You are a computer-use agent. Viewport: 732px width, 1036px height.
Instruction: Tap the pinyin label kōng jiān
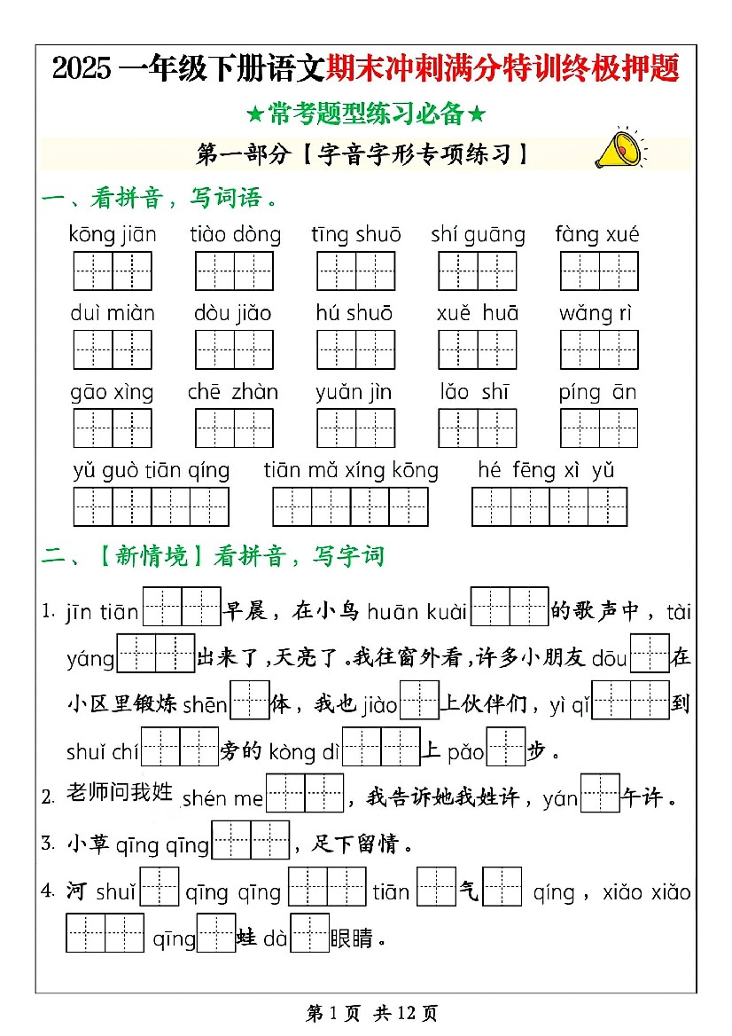pos(113,235)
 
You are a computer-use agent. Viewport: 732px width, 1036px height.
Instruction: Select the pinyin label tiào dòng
pos(235,235)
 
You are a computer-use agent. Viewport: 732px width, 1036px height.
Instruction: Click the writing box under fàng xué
pos(599,271)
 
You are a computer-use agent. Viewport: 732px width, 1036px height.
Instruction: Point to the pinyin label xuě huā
pos(478,313)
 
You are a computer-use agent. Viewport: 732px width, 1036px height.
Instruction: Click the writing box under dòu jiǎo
pos(235,349)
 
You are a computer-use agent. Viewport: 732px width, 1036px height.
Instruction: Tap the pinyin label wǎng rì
pos(598,313)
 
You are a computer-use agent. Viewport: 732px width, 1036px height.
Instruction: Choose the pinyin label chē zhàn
pos(233,392)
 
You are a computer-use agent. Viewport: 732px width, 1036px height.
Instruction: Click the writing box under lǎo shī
pos(478,428)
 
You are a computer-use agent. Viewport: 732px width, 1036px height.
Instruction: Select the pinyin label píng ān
pos(597,392)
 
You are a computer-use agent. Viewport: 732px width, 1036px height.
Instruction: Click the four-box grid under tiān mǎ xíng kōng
pos(351,506)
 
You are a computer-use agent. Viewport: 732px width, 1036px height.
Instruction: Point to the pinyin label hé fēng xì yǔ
pos(546,470)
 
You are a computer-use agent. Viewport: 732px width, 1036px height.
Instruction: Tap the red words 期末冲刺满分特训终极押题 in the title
pos(502,67)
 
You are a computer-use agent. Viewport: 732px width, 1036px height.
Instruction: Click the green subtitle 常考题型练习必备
pos(365,114)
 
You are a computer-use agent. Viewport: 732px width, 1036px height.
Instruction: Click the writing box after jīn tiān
pos(182,607)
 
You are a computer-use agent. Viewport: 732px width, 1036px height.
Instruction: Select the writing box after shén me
pos(305,793)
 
